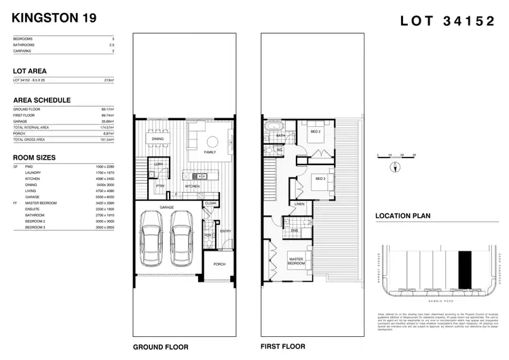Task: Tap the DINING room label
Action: pos(157,139)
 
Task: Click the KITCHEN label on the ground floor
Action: pos(192,185)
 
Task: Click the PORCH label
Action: pos(219,264)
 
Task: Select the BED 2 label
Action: pos(315,131)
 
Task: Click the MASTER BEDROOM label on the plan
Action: pos(296,259)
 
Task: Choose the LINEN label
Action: pos(299,204)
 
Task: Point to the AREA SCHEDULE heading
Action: pos(41,100)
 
